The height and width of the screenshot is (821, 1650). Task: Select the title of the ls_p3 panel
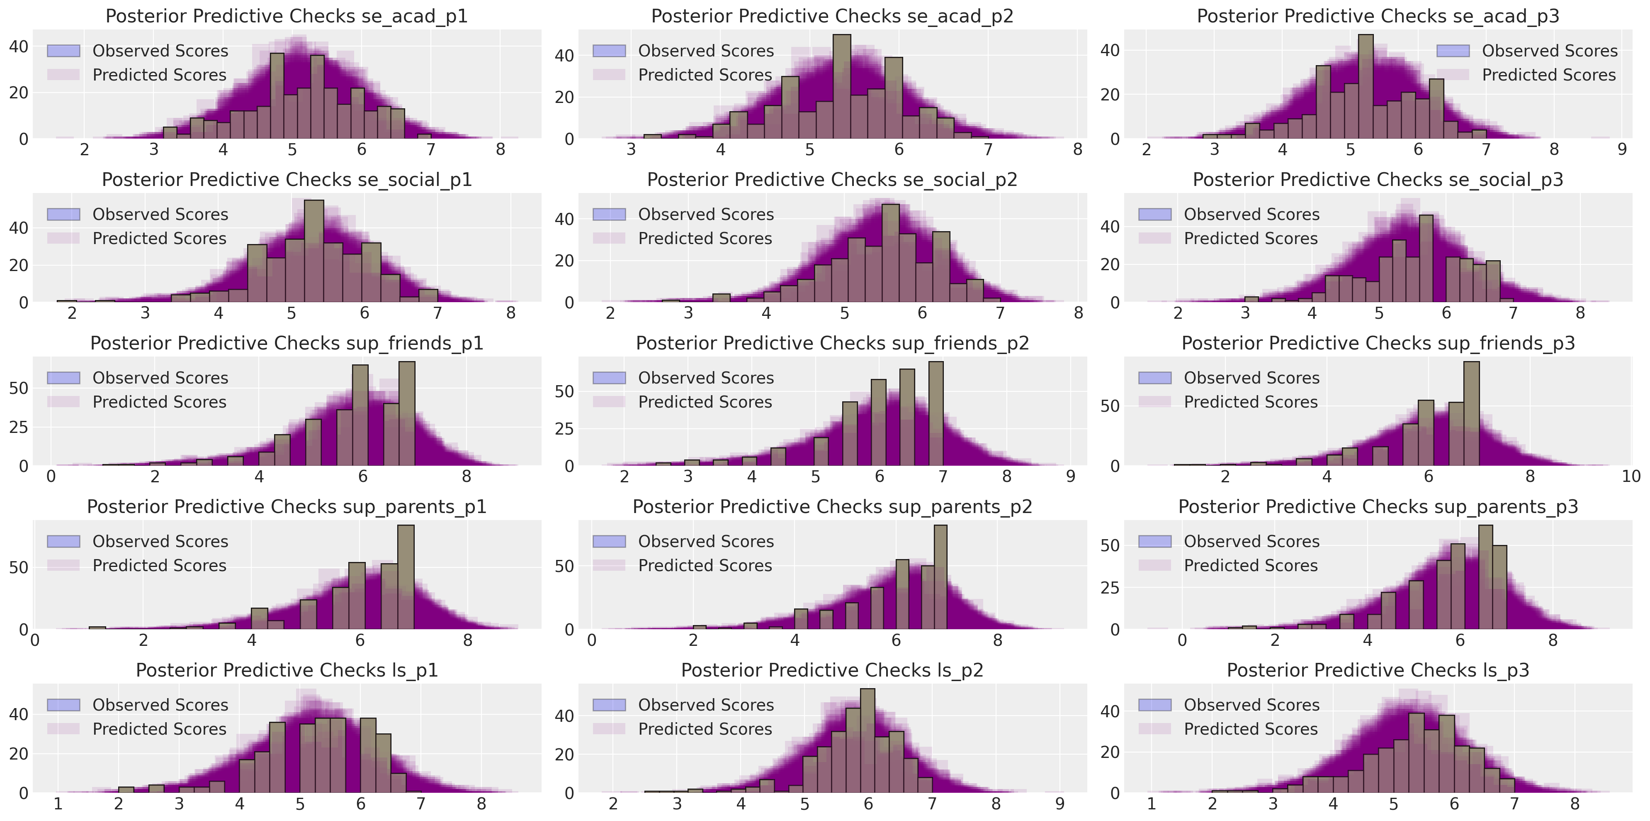(1378, 670)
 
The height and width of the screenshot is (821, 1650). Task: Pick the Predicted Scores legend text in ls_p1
(160, 729)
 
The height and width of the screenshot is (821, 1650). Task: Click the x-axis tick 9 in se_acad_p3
(1622, 150)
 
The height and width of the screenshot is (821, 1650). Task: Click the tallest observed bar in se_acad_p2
(842, 86)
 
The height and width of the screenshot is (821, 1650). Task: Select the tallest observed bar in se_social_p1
(314, 251)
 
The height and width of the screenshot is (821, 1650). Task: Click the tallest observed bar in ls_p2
(867, 741)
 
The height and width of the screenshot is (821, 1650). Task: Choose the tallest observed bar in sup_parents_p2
(940, 577)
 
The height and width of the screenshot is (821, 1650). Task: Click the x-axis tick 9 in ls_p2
(1059, 804)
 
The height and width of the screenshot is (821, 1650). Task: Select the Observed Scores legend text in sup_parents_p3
(1251, 542)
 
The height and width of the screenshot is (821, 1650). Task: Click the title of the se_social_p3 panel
(1378, 180)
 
